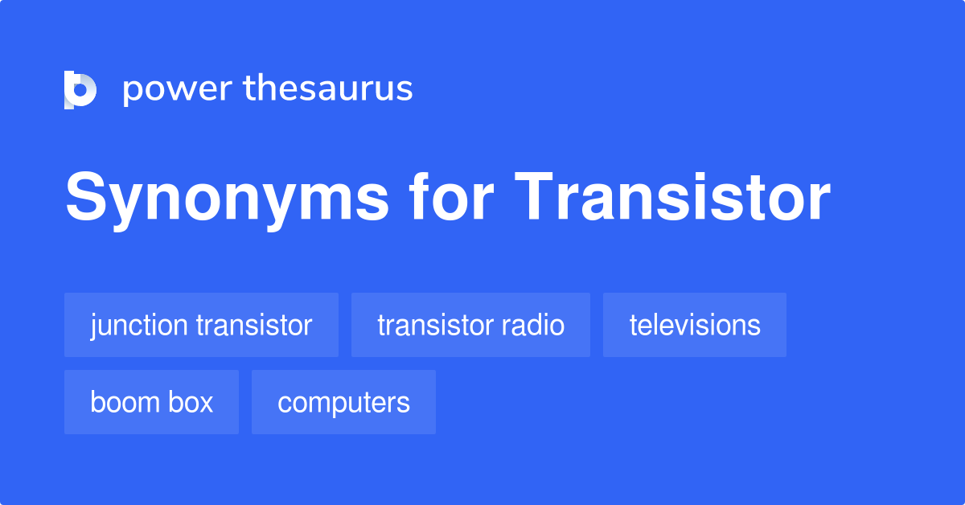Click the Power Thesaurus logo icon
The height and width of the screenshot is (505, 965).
(80, 89)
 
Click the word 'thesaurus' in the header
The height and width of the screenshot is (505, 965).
(328, 89)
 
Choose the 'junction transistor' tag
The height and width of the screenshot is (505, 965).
(201, 326)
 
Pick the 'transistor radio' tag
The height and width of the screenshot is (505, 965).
(470, 326)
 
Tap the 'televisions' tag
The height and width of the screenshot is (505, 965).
(694, 326)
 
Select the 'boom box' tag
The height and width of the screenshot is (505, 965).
(151, 402)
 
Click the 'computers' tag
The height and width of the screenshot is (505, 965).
(343, 402)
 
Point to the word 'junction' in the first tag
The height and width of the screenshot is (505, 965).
(138, 326)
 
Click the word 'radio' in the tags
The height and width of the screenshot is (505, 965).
(535, 326)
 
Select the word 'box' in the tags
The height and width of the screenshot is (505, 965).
(194, 402)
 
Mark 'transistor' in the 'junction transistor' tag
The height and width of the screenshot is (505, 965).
(253, 326)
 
